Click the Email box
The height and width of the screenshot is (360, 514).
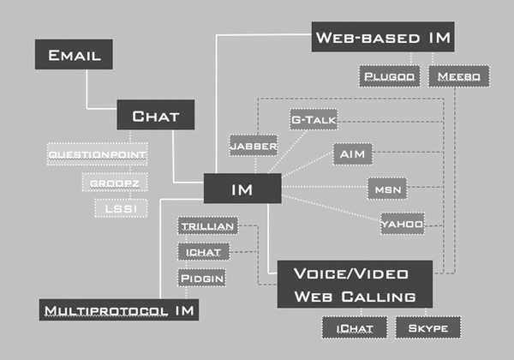[x=75, y=56]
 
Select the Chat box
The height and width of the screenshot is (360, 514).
[x=156, y=115]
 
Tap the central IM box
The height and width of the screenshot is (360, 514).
[x=242, y=189]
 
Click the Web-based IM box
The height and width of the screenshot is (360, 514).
[x=382, y=38]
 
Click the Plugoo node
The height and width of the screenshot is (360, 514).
[x=389, y=77]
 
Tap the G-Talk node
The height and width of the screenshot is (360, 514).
[x=313, y=120]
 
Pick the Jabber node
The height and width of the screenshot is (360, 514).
[x=254, y=146]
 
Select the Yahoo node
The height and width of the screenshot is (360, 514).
[x=403, y=224]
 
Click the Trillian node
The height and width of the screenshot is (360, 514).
[x=202, y=226]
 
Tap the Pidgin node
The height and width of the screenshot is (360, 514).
[x=202, y=278]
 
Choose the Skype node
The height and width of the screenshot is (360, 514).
[x=427, y=327]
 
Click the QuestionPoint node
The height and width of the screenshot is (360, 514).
[x=97, y=155]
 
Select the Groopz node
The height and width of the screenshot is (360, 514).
[x=109, y=183]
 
